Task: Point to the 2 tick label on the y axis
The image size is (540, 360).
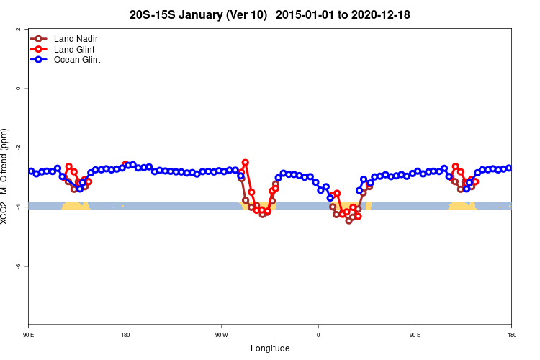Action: pos(17,30)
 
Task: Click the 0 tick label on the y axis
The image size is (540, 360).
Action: pos(17,89)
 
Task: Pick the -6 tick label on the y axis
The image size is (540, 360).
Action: pos(17,266)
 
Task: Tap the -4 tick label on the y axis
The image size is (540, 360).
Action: pos(17,207)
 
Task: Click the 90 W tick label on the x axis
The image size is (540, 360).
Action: pos(221,335)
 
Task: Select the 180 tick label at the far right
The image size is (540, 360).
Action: pos(511,335)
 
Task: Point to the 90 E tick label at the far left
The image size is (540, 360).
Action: pos(29,335)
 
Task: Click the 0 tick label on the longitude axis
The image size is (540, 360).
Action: pos(318,335)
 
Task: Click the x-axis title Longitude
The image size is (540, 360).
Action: pos(270,348)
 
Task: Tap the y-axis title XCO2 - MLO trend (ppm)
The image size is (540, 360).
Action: pos(6,177)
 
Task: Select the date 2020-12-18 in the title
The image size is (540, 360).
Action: pos(382,14)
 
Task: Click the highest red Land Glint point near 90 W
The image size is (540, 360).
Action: pos(246,163)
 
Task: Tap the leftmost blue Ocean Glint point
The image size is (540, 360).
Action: pos(31,171)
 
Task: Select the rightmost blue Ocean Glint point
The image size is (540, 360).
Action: pos(509,168)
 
